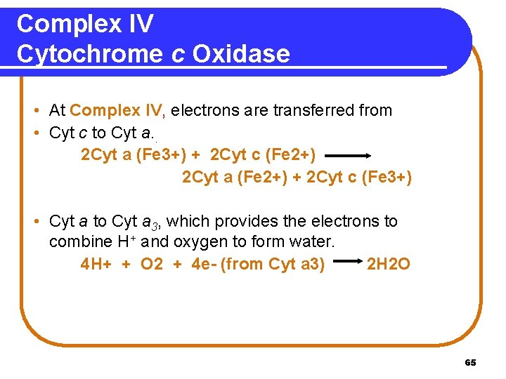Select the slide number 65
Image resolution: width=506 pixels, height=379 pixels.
(471, 363)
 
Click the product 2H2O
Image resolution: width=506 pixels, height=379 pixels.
(389, 265)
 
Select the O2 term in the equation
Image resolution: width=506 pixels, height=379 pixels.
(152, 265)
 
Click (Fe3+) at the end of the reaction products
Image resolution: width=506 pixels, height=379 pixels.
(387, 178)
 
